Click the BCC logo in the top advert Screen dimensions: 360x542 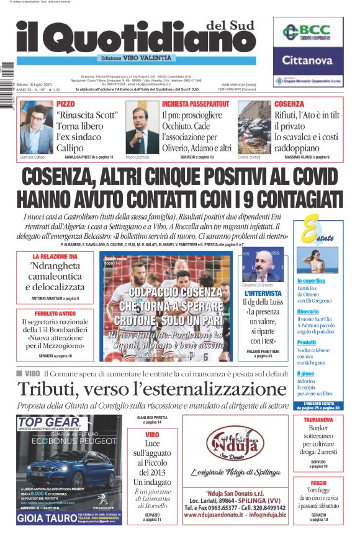click(308, 32)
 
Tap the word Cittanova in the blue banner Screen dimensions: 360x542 click(308, 61)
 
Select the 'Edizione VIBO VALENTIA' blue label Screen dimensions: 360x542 click(136, 58)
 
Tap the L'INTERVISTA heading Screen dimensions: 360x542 click(264, 293)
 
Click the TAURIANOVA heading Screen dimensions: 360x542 click(318, 420)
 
